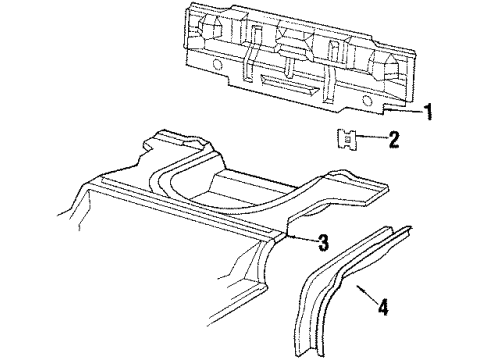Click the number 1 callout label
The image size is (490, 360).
[x=429, y=112]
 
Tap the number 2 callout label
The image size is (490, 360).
[x=394, y=141]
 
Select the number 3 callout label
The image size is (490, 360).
[x=323, y=241]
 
